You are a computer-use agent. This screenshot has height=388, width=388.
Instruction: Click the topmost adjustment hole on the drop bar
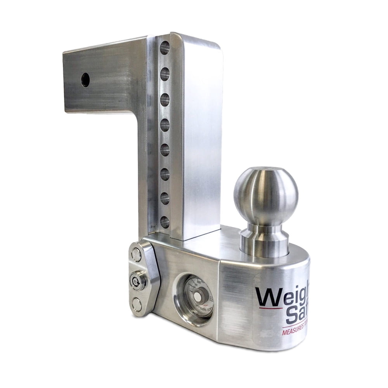[x=165, y=48]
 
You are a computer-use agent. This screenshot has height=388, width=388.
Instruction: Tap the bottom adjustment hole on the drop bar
[x=165, y=222]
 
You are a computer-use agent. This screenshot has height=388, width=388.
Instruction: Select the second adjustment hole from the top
[x=165, y=74]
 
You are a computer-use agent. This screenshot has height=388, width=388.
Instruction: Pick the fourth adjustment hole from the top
[x=165, y=125]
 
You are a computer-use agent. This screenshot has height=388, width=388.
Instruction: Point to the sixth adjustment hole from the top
[x=165, y=174]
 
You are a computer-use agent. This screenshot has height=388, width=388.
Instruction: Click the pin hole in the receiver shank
[x=85, y=80]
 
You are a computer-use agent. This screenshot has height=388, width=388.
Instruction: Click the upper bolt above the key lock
[x=136, y=255]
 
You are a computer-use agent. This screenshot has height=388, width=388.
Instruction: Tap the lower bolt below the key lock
[x=137, y=304]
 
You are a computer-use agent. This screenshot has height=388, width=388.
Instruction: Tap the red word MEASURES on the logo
[x=294, y=332]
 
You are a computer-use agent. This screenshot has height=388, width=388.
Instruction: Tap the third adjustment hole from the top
[x=165, y=99]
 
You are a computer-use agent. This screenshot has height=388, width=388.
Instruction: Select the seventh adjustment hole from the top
[x=165, y=198]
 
